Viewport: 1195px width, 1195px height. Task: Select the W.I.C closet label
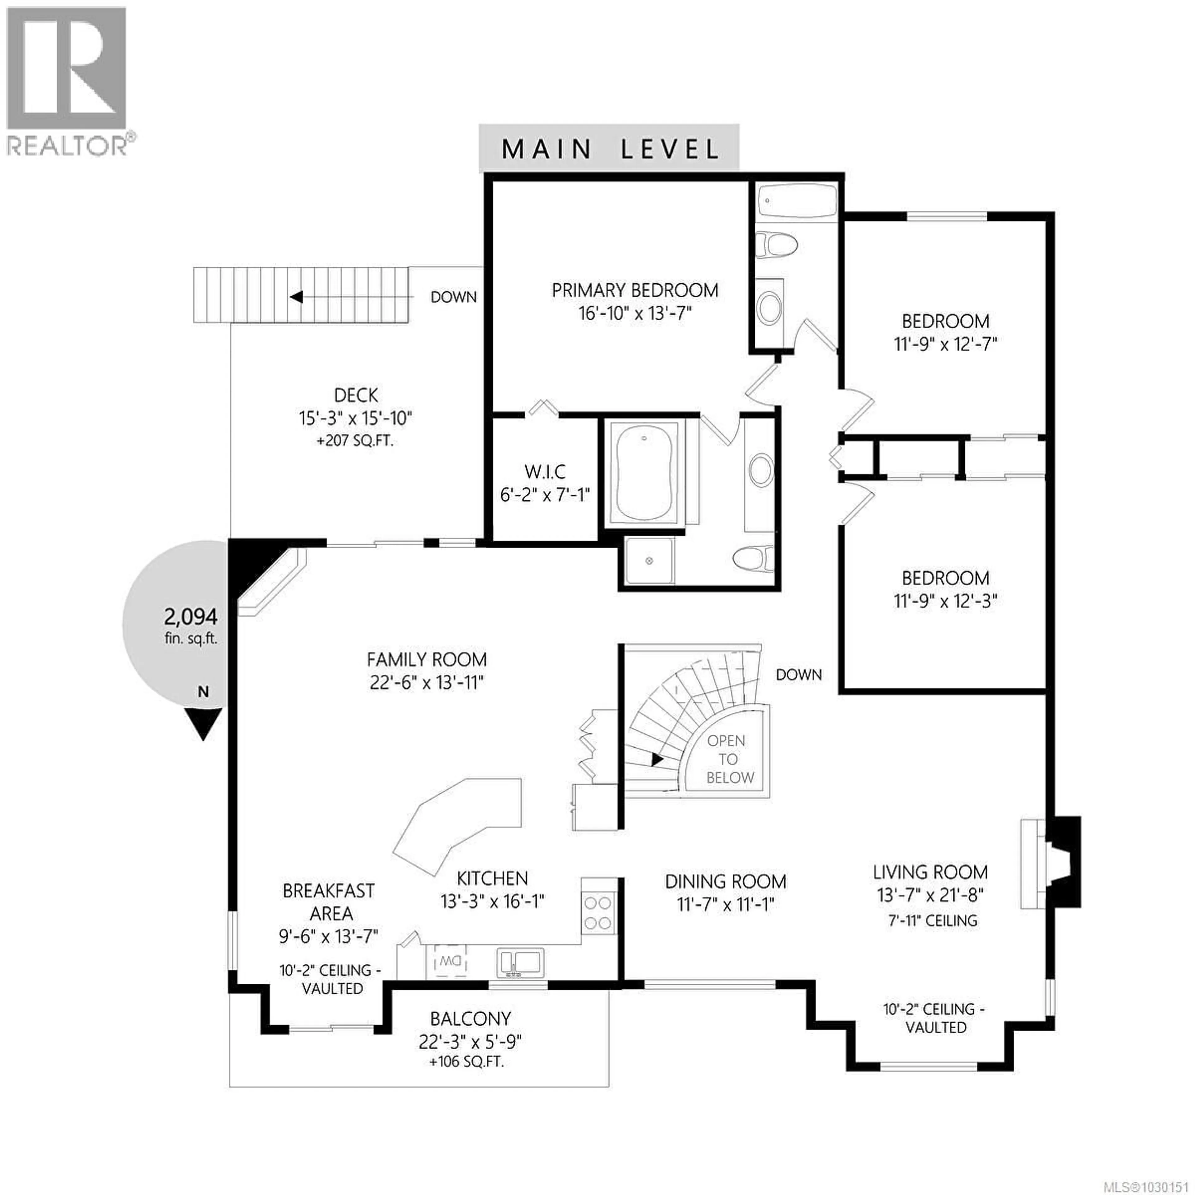544,472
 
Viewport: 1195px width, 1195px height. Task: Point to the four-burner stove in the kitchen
598,913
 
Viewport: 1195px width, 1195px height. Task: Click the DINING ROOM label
725,881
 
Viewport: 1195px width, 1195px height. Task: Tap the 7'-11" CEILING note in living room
933,921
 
